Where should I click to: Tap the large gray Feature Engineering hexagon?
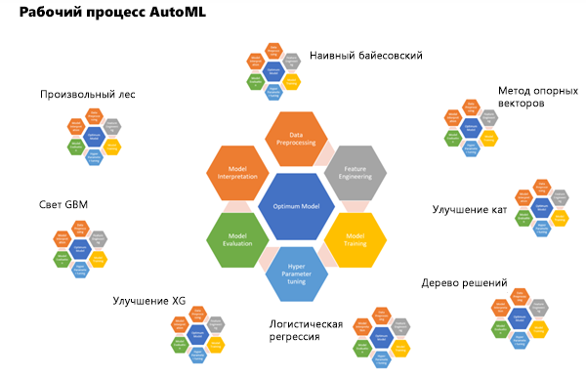pyautogui.click(x=355, y=173)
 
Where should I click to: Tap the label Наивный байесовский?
pyautogui.click(x=365, y=56)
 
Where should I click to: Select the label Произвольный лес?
pyautogui.click(x=87, y=95)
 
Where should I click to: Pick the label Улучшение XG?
pyautogui.click(x=148, y=301)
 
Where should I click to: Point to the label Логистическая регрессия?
pyautogui.click(x=308, y=328)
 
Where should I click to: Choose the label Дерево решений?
pyautogui.click(x=464, y=283)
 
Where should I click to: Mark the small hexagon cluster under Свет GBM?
pyautogui.click(x=78, y=250)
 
